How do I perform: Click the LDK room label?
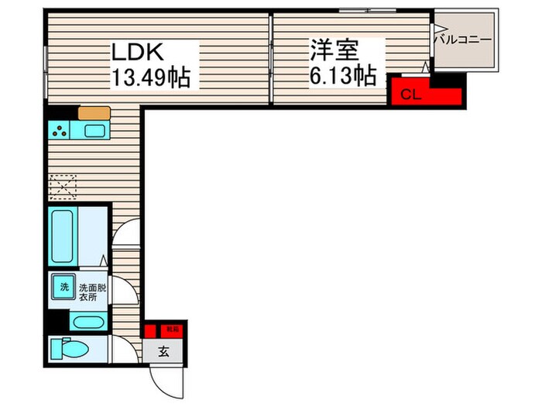[137, 52]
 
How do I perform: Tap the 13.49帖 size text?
[152, 78]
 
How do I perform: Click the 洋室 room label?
[335, 51]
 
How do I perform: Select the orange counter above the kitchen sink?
[94, 112]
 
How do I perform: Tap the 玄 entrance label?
[165, 350]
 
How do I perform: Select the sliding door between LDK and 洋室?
[270, 58]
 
